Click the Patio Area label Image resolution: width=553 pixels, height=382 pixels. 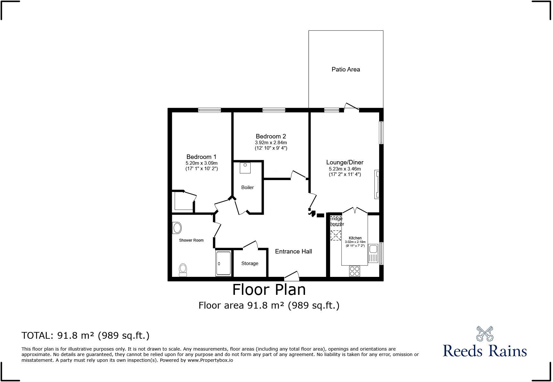click(x=346, y=69)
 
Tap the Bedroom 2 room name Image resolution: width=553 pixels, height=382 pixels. click(x=271, y=136)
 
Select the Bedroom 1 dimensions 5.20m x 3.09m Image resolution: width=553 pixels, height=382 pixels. click(x=202, y=163)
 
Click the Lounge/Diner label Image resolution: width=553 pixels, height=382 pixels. click(x=345, y=162)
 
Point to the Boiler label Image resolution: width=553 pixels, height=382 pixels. click(x=247, y=187)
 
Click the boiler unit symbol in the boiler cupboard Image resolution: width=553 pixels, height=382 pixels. click(x=245, y=168)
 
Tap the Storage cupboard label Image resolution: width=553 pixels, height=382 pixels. click(x=250, y=263)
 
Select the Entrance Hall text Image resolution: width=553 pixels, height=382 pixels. click(x=293, y=251)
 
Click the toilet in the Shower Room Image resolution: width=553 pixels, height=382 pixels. click(x=183, y=270)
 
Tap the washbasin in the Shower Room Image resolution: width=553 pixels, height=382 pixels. click(x=177, y=228)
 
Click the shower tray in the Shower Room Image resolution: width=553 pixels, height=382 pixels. click(x=223, y=263)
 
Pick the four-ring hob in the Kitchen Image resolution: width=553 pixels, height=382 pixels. click(x=354, y=271)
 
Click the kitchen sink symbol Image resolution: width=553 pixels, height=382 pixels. click(x=373, y=253)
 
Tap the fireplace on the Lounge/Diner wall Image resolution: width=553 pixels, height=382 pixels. click(x=377, y=184)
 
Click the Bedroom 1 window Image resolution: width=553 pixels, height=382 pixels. click(x=209, y=110)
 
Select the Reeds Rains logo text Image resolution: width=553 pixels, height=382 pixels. click(x=485, y=350)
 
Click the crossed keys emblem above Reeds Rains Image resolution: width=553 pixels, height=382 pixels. click(x=485, y=334)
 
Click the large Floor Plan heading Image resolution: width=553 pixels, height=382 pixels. click(x=269, y=289)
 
